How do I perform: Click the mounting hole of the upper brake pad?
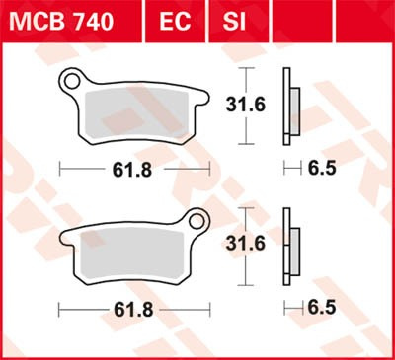(72, 80)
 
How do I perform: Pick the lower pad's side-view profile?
(290, 245)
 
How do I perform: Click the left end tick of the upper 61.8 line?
(60, 169)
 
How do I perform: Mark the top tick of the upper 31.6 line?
(245, 67)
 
